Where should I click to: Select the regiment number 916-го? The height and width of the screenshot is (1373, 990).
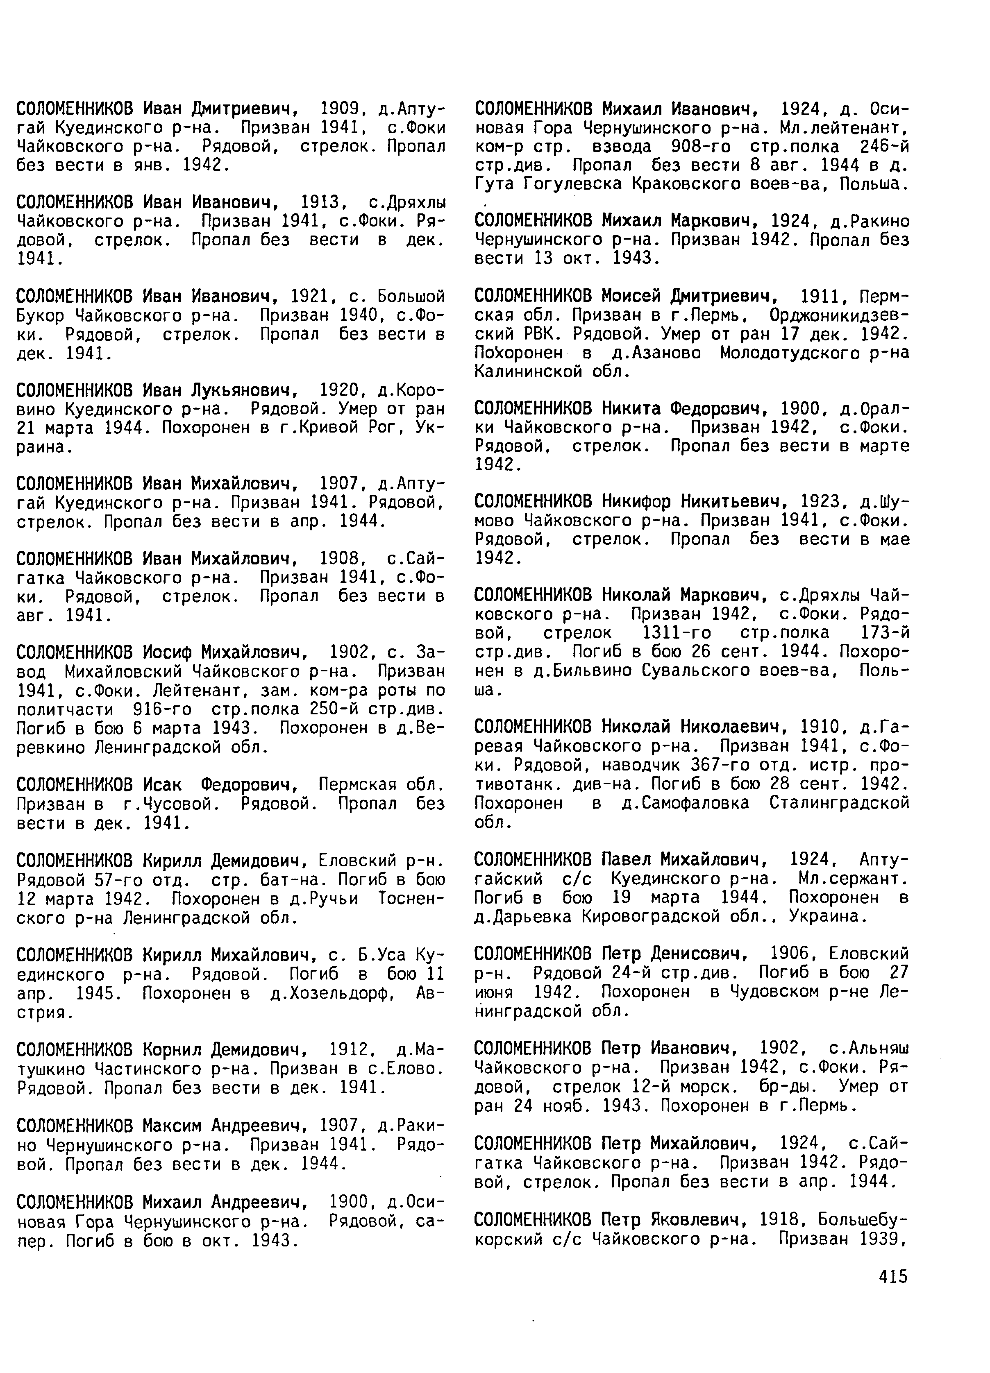162,709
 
